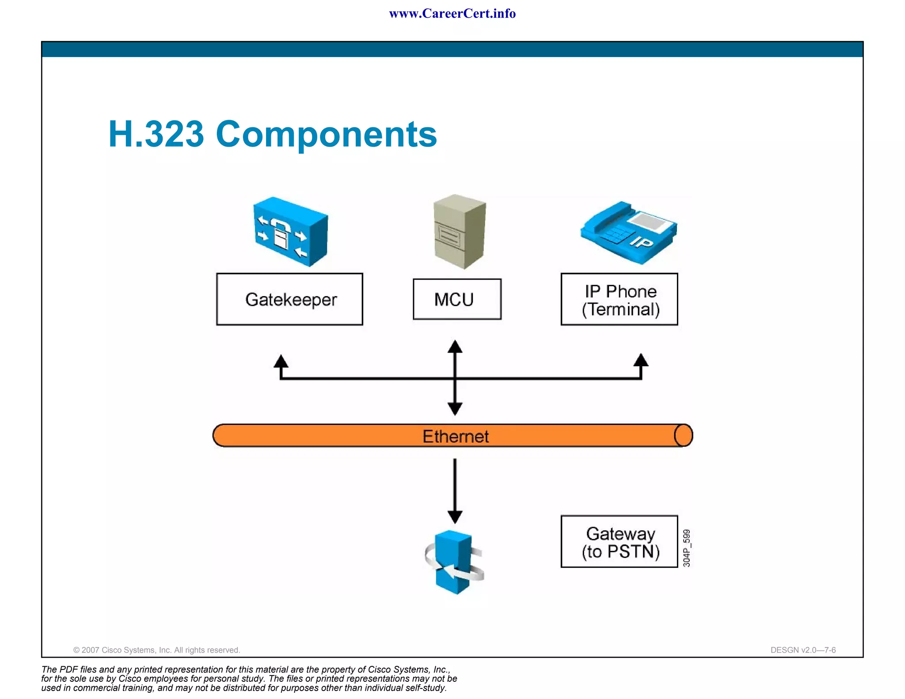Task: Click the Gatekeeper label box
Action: coord(289,299)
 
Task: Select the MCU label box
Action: coord(457,299)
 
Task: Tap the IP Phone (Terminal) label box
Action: coord(619,299)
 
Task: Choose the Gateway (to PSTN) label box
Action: coord(619,541)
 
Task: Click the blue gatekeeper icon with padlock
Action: coord(290,232)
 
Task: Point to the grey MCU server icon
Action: coord(460,232)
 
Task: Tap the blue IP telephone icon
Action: coord(628,232)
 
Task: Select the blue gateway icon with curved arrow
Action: coord(454,562)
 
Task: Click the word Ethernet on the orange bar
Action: coord(456,437)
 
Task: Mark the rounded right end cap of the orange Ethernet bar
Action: coord(683,436)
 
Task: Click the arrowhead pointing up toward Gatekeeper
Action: coord(281,361)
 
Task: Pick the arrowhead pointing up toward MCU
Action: coord(455,347)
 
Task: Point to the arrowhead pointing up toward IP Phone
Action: coord(641,361)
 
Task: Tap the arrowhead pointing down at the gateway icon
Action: coord(455,517)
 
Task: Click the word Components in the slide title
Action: coord(326,134)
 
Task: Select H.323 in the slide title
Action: coord(156,134)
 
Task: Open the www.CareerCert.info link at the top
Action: coord(452,14)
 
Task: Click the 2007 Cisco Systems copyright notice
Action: coord(156,650)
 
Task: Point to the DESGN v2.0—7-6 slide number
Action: coord(803,650)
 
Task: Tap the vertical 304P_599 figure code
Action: coord(686,548)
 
